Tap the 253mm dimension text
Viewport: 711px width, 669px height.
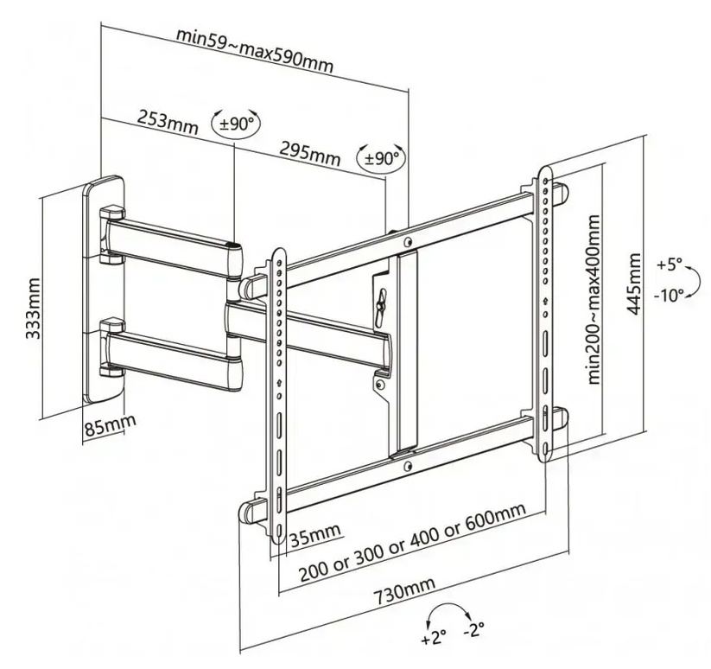point(168,119)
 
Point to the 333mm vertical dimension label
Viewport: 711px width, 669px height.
point(33,309)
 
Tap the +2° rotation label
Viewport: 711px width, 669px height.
point(433,640)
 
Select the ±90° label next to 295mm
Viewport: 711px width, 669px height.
point(381,159)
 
